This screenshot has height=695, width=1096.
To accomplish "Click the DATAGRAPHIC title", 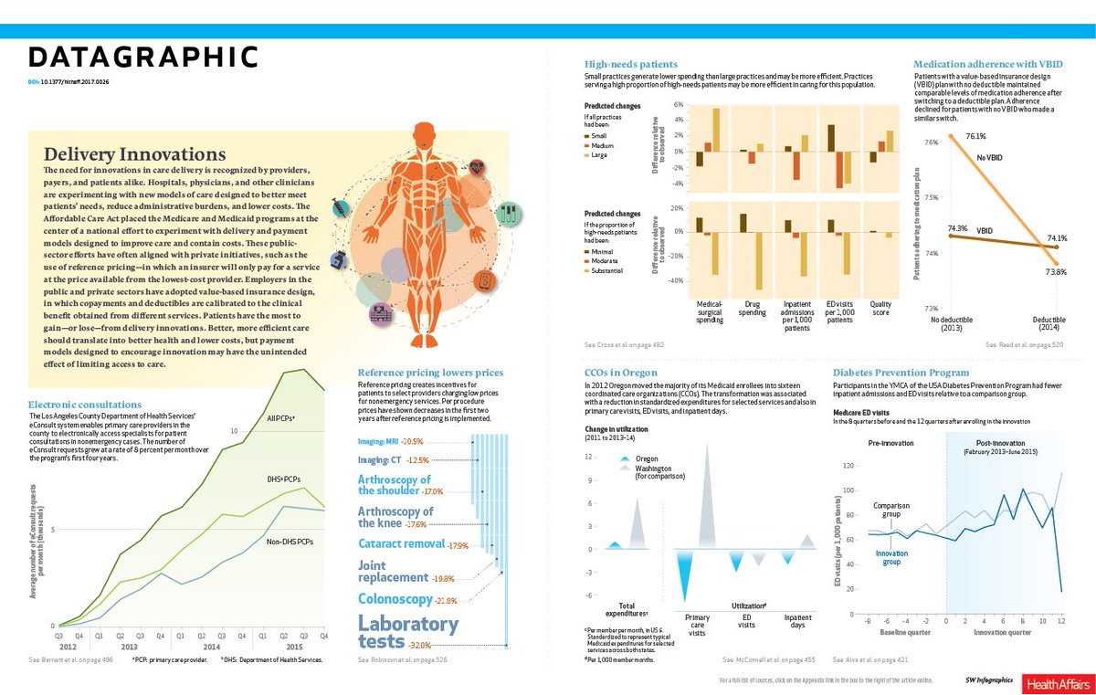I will click(143, 58).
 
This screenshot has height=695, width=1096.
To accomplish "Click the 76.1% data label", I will click(975, 137).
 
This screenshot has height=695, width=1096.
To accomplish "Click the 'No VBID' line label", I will click(990, 158).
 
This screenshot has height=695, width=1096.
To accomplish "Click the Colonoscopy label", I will click(396, 599).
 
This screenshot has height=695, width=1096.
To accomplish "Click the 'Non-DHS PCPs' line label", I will click(290, 542).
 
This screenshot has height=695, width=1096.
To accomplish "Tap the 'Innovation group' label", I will click(891, 557).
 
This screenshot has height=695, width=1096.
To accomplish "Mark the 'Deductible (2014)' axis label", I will click(1049, 322).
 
